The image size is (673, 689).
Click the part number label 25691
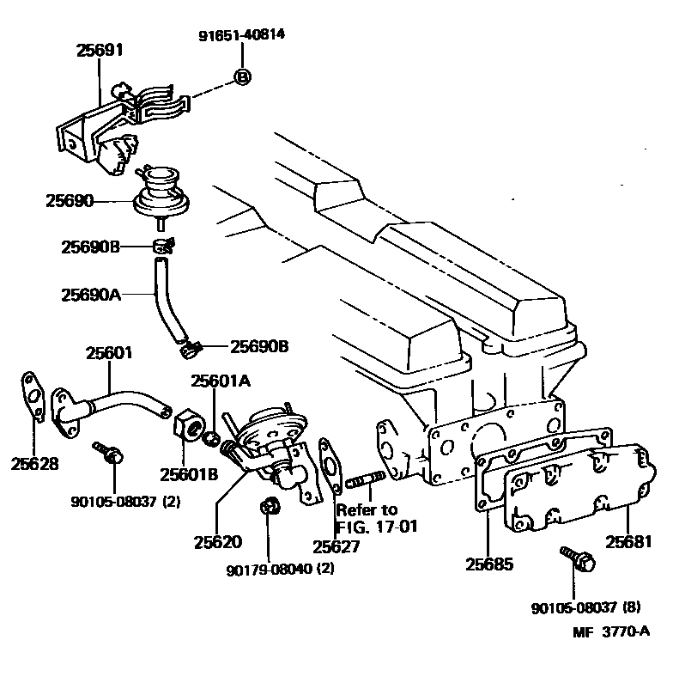(100, 51)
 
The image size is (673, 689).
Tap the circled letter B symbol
(242, 77)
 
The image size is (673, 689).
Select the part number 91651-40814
(242, 35)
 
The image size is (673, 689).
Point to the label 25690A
(90, 294)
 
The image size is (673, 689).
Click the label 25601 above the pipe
(108, 352)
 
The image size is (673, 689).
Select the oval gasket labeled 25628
(33, 398)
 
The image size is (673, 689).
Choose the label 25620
(217, 542)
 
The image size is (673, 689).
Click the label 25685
(489, 564)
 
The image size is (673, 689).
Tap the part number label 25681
(629, 542)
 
